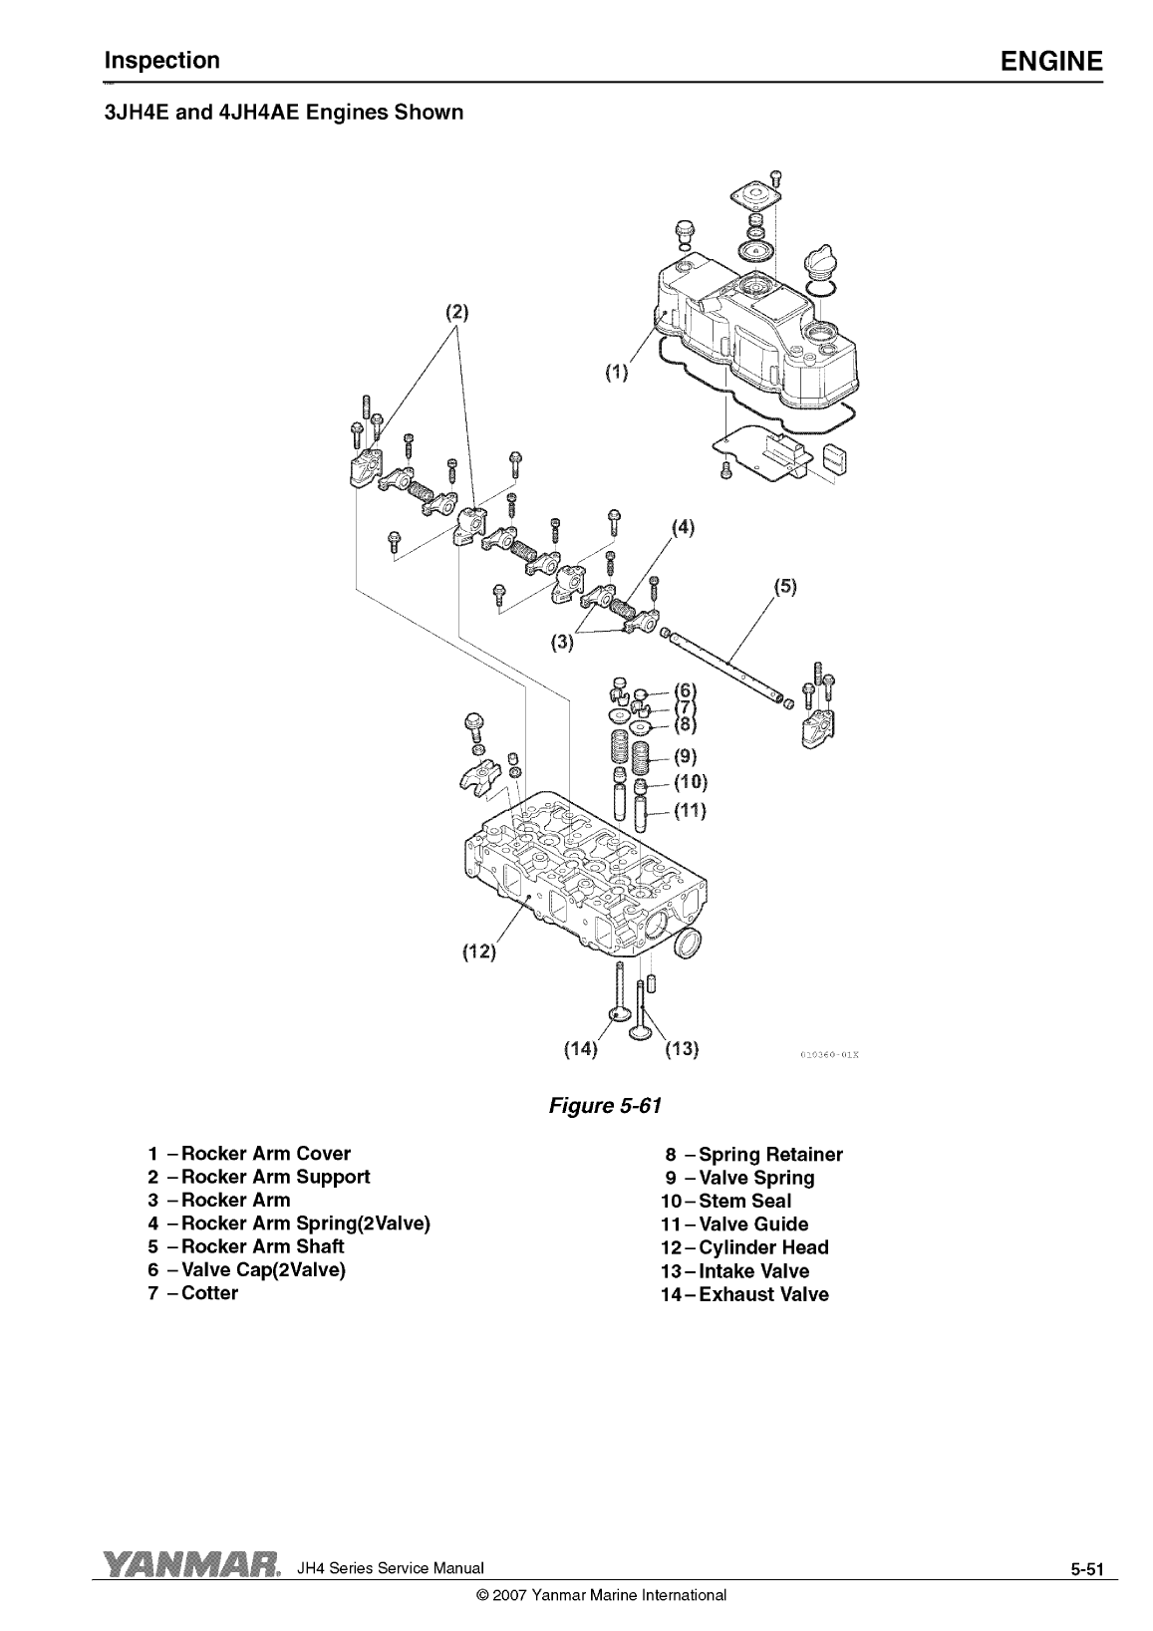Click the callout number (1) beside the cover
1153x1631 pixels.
click(616, 373)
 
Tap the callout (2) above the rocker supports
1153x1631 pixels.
click(456, 313)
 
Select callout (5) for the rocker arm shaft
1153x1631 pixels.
click(785, 587)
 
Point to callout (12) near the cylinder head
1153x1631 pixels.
click(479, 951)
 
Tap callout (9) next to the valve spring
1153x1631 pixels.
click(686, 756)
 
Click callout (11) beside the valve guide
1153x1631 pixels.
click(691, 810)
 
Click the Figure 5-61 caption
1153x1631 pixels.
click(605, 1106)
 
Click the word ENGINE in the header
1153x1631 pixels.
click(1051, 61)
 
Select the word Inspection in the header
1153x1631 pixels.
click(161, 61)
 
